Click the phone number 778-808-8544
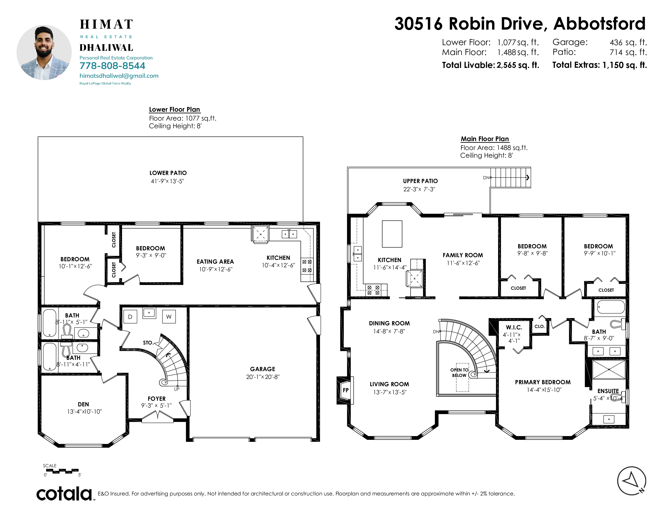pos(112,66)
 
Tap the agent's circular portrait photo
pos(44,52)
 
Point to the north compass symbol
pos(632,481)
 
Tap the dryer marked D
pos(130,317)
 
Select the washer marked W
pos(169,317)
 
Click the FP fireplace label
pos(346,390)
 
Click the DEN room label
pos(83,404)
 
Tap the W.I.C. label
pos(514,327)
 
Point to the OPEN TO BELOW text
pos(459,373)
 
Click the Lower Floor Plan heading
pos(175,110)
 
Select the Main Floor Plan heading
pos(485,139)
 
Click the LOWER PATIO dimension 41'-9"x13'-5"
pos(167,181)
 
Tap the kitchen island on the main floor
pos(392,234)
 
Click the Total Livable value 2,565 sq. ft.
pos(518,65)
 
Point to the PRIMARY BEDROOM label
pos(543,382)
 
